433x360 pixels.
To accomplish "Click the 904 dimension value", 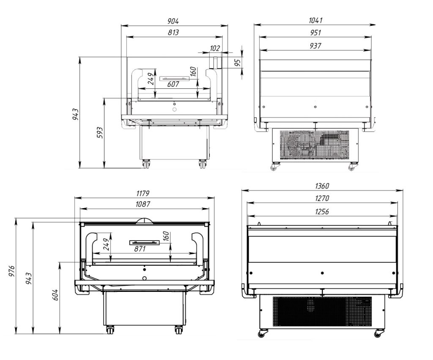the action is [173, 21].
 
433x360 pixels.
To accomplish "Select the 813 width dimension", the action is [173, 32].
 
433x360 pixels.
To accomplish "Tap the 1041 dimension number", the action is [315, 20].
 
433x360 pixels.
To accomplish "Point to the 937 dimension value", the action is [315, 46].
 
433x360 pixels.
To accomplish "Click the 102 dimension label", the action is [215, 48].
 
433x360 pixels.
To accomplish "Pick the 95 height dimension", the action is [238, 62].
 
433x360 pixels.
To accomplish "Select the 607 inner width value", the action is [173, 84].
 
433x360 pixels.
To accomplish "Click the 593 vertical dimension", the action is [99, 132].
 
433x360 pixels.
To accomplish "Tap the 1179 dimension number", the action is [143, 193].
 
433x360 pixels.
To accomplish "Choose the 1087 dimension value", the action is [143, 204].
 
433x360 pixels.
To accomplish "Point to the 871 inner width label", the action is [140, 249].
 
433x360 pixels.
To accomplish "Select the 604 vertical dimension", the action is [55, 295].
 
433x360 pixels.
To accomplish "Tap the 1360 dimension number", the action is [322, 186].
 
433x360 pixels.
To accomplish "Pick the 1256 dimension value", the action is [322, 212].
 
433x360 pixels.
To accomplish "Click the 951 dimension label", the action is [315, 33].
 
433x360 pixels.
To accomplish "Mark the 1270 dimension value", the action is [322, 198].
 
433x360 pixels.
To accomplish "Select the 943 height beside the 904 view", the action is [75, 114].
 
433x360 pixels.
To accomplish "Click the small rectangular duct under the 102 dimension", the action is [215, 63].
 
